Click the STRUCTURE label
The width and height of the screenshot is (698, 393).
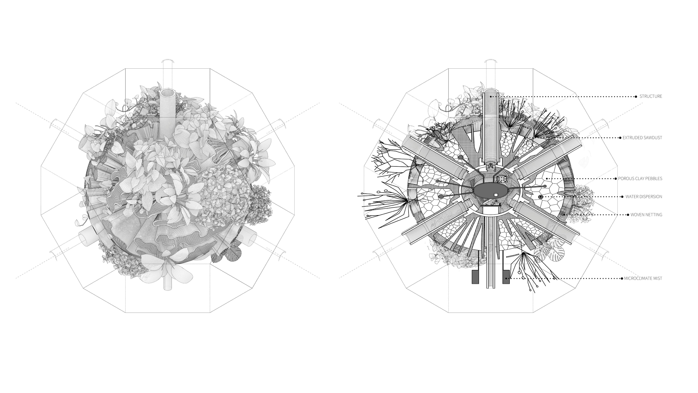tap(651, 96)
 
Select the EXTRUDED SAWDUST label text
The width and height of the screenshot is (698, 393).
tap(642, 138)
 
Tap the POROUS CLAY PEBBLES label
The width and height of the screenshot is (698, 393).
tap(640, 178)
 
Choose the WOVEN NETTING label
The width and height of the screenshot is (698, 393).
tap(646, 215)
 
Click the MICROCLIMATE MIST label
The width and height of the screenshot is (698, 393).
tap(643, 278)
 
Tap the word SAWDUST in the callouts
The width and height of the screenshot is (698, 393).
tap(652, 138)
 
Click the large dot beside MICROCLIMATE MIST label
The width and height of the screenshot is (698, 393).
tap(622, 278)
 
